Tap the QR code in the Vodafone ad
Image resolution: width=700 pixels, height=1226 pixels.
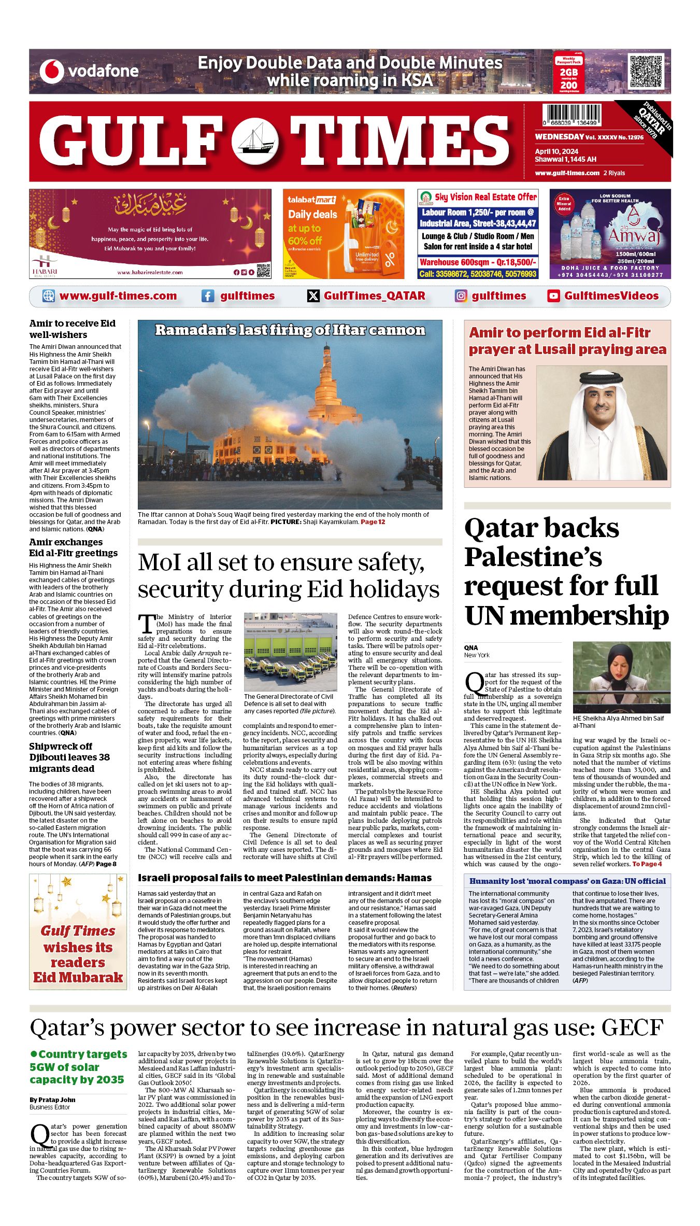pos(646,71)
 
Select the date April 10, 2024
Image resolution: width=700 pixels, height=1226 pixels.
pos(556,152)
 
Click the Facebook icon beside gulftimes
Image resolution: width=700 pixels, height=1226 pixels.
pos(207,296)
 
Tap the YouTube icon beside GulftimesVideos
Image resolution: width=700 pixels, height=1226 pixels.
pos(553,296)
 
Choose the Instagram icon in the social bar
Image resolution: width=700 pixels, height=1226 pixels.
pos(461,296)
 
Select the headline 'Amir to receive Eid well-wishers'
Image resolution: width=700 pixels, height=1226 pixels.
pos(73,329)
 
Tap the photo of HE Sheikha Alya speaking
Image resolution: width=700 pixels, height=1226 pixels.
pos(621,677)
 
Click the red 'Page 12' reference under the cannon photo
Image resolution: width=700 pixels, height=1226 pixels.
pos(373,522)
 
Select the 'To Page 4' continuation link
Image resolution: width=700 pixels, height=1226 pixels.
pos(647,864)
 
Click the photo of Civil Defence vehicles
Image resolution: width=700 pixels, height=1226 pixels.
pos(290,652)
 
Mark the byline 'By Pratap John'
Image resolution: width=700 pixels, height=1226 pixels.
pos(53,1100)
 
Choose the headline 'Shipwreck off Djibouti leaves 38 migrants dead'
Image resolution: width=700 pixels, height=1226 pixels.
pos(69,757)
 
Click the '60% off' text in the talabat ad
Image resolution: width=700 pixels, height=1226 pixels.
pos(305,241)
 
